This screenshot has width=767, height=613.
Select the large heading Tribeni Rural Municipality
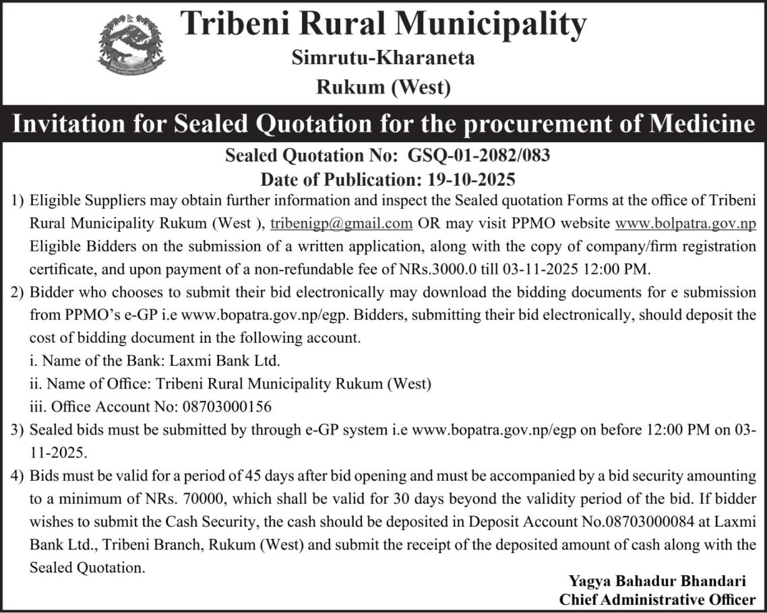383,25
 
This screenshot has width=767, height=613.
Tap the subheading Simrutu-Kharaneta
383,58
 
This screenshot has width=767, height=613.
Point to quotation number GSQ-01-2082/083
479,156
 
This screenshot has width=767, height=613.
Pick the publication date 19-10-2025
471,179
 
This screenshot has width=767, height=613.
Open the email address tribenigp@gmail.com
342,223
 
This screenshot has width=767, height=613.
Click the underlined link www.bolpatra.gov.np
686,223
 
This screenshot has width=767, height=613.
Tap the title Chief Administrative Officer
657,599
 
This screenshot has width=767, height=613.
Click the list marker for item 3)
18,429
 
